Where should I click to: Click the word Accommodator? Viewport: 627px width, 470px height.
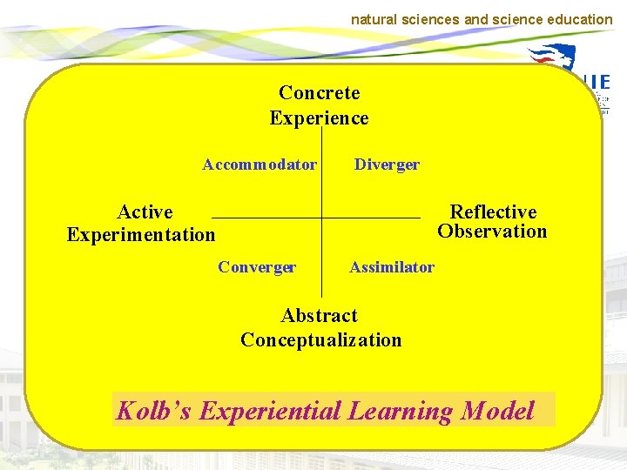(260, 164)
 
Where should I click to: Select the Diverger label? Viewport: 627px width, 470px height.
(387, 164)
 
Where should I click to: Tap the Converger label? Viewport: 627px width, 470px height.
(257, 267)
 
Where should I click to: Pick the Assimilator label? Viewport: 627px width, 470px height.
(392, 267)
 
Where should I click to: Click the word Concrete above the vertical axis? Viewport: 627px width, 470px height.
(319, 92)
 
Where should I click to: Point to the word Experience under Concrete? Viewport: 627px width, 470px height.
(319, 117)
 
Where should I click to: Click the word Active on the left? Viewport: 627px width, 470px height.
(145, 212)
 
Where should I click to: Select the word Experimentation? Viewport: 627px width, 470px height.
(141, 235)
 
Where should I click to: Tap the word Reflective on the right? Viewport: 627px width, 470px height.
(493, 212)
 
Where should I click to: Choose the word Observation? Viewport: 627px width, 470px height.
(492, 232)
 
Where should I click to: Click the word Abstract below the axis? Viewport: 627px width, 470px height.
(319, 315)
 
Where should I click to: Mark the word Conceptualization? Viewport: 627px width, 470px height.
(320, 339)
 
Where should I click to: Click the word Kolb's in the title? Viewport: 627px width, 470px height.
(154, 411)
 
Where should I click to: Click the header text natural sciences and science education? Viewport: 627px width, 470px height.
(482, 18)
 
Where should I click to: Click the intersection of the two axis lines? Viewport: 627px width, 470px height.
(322, 217)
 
